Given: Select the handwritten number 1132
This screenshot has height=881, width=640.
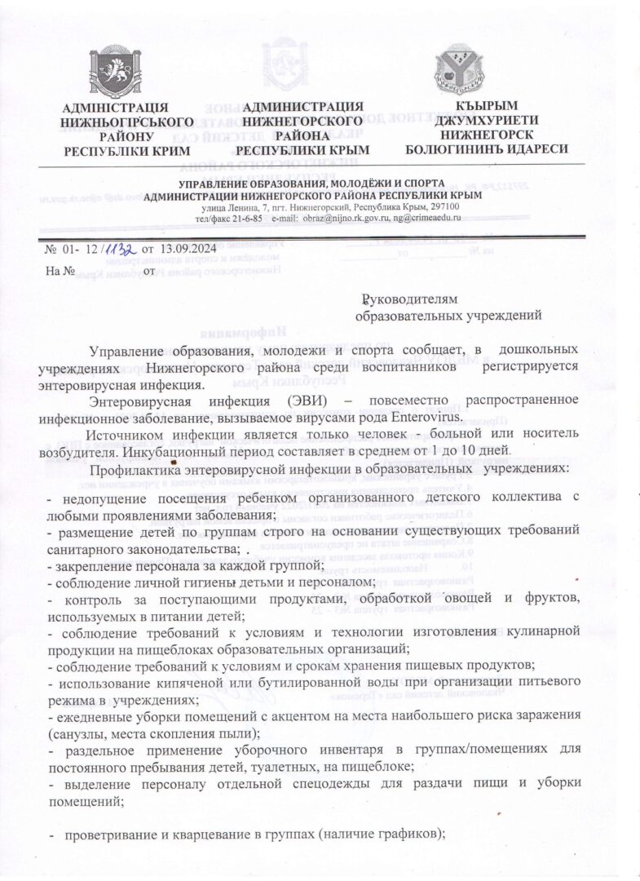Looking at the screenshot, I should [x=119, y=249].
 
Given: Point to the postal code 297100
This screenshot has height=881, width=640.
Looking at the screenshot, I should [x=444, y=207].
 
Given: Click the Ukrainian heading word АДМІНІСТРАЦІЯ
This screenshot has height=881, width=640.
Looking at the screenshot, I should [x=116, y=108].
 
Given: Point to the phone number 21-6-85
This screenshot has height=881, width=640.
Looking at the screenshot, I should [x=245, y=219].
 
